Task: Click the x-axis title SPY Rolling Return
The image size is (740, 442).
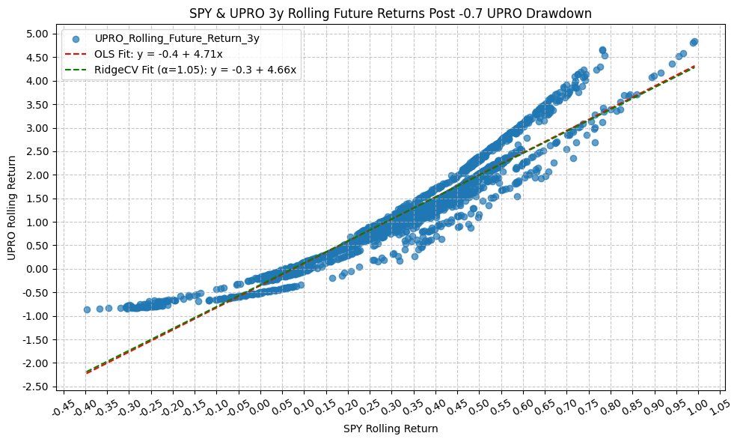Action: (x=390, y=429)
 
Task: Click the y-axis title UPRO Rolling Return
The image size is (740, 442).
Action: (x=11, y=208)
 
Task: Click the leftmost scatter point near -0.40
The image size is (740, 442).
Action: (x=87, y=309)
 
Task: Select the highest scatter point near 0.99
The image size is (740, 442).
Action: (x=694, y=42)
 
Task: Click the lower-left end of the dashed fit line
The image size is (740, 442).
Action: (x=86, y=372)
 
